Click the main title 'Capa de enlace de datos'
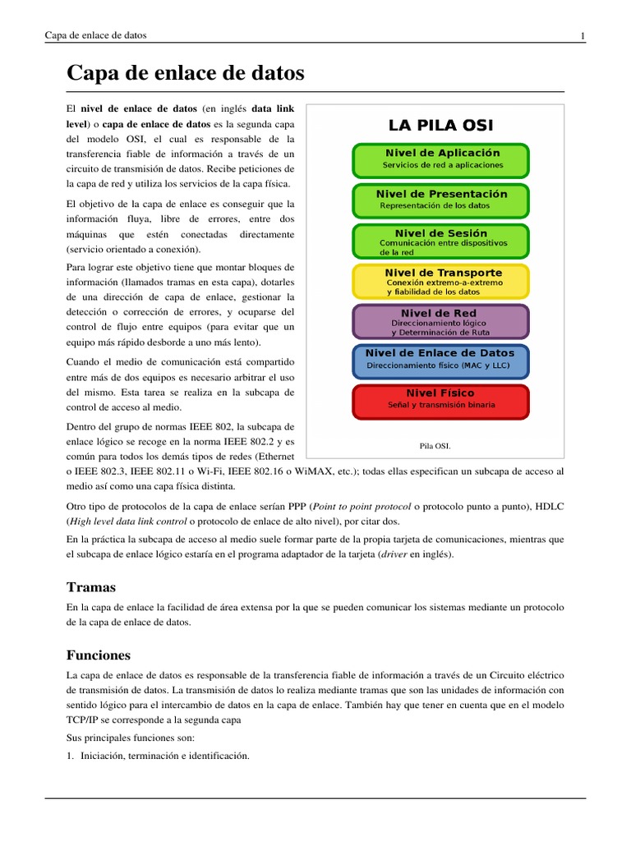coord(185,74)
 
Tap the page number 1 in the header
coord(582,35)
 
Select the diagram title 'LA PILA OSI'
coord(440,126)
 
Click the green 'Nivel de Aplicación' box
coord(440,159)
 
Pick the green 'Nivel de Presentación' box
coord(440,200)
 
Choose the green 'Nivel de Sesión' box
coord(440,241)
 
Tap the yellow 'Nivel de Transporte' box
coord(440,281)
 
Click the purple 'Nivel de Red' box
coord(440,321)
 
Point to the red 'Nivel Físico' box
coord(440,401)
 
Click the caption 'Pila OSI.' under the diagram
coord(435,446)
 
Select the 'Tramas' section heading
coord(90,587)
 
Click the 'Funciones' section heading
coord(98,655)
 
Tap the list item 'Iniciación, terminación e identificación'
coord(164,756)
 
